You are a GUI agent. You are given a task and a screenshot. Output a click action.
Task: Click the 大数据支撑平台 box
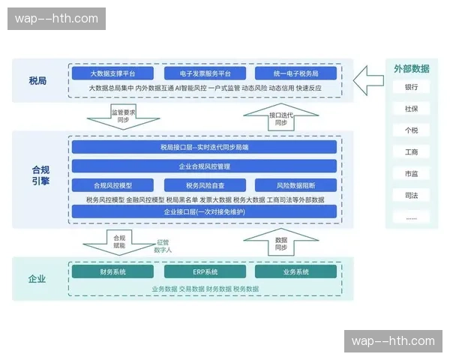tap(112, 73)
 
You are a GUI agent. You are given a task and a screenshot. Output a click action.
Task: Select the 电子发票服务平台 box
tap(205, 73)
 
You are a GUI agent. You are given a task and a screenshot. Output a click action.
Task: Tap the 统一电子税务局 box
tap(295, 73)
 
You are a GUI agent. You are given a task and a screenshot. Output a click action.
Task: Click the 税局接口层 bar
tap(205, 147)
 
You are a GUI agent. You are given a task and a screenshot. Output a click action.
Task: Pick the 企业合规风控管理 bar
tap(205, 166)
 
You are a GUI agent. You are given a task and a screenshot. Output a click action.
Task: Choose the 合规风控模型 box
tap(112, 184)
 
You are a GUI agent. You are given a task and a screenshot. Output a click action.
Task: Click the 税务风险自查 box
tap(205, 184)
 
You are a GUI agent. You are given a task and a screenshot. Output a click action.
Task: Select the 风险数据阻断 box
tap(295, 184)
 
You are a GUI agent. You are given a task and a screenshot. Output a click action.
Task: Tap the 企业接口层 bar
tap(205, 212)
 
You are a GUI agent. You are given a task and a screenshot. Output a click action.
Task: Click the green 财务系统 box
tap(112, 271)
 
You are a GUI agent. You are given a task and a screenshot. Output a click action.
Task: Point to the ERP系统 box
tap(205, 271)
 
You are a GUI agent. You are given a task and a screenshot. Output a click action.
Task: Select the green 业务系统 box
tap(295, 271)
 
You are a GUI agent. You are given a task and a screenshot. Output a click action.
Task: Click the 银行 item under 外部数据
tap(411, 87)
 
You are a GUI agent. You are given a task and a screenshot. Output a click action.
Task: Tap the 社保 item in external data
tap(411, 109)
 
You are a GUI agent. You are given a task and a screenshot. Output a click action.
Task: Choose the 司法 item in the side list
tap(411, 196)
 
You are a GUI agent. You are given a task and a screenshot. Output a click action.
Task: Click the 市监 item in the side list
tap(411, 174)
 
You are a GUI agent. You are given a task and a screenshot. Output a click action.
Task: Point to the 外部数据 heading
tap(411, 68)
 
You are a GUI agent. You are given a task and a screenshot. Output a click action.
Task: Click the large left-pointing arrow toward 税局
tap(367, 79)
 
